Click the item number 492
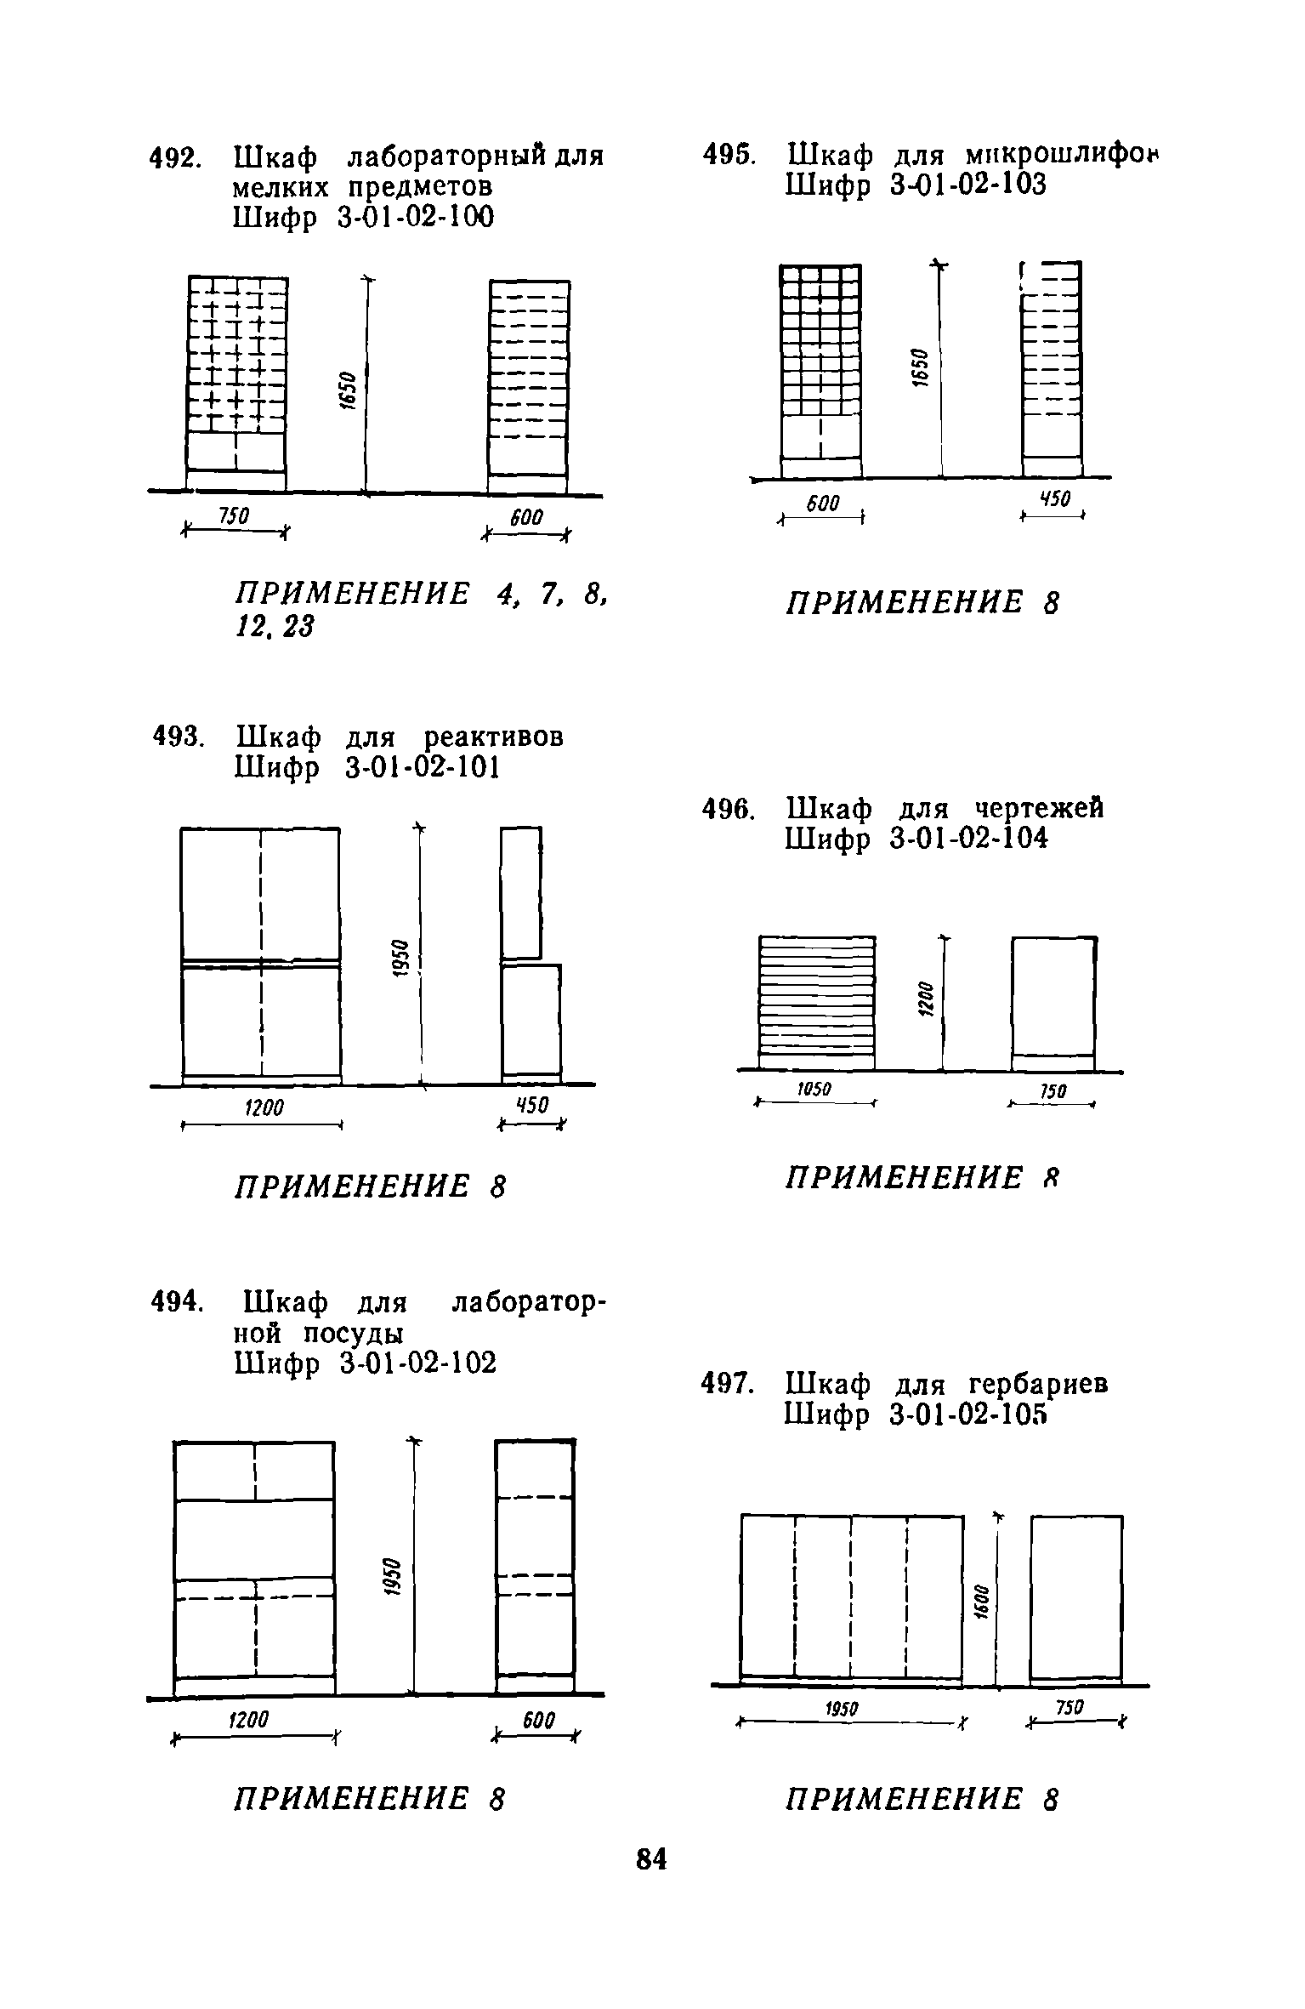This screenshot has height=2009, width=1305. [174, 159]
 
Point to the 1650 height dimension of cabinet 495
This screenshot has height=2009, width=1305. [917, 367]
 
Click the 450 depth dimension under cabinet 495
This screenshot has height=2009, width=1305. [1055, 499]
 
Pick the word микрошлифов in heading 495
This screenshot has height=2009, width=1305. [1063, 156]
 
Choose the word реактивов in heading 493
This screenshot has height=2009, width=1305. [493, 736]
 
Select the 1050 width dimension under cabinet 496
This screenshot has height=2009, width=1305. [814, 1090]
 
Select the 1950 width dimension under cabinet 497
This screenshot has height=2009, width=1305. [843, 1709]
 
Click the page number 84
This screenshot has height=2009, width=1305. [651, 1859]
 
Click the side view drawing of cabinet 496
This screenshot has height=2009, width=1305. [1053, 1004]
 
